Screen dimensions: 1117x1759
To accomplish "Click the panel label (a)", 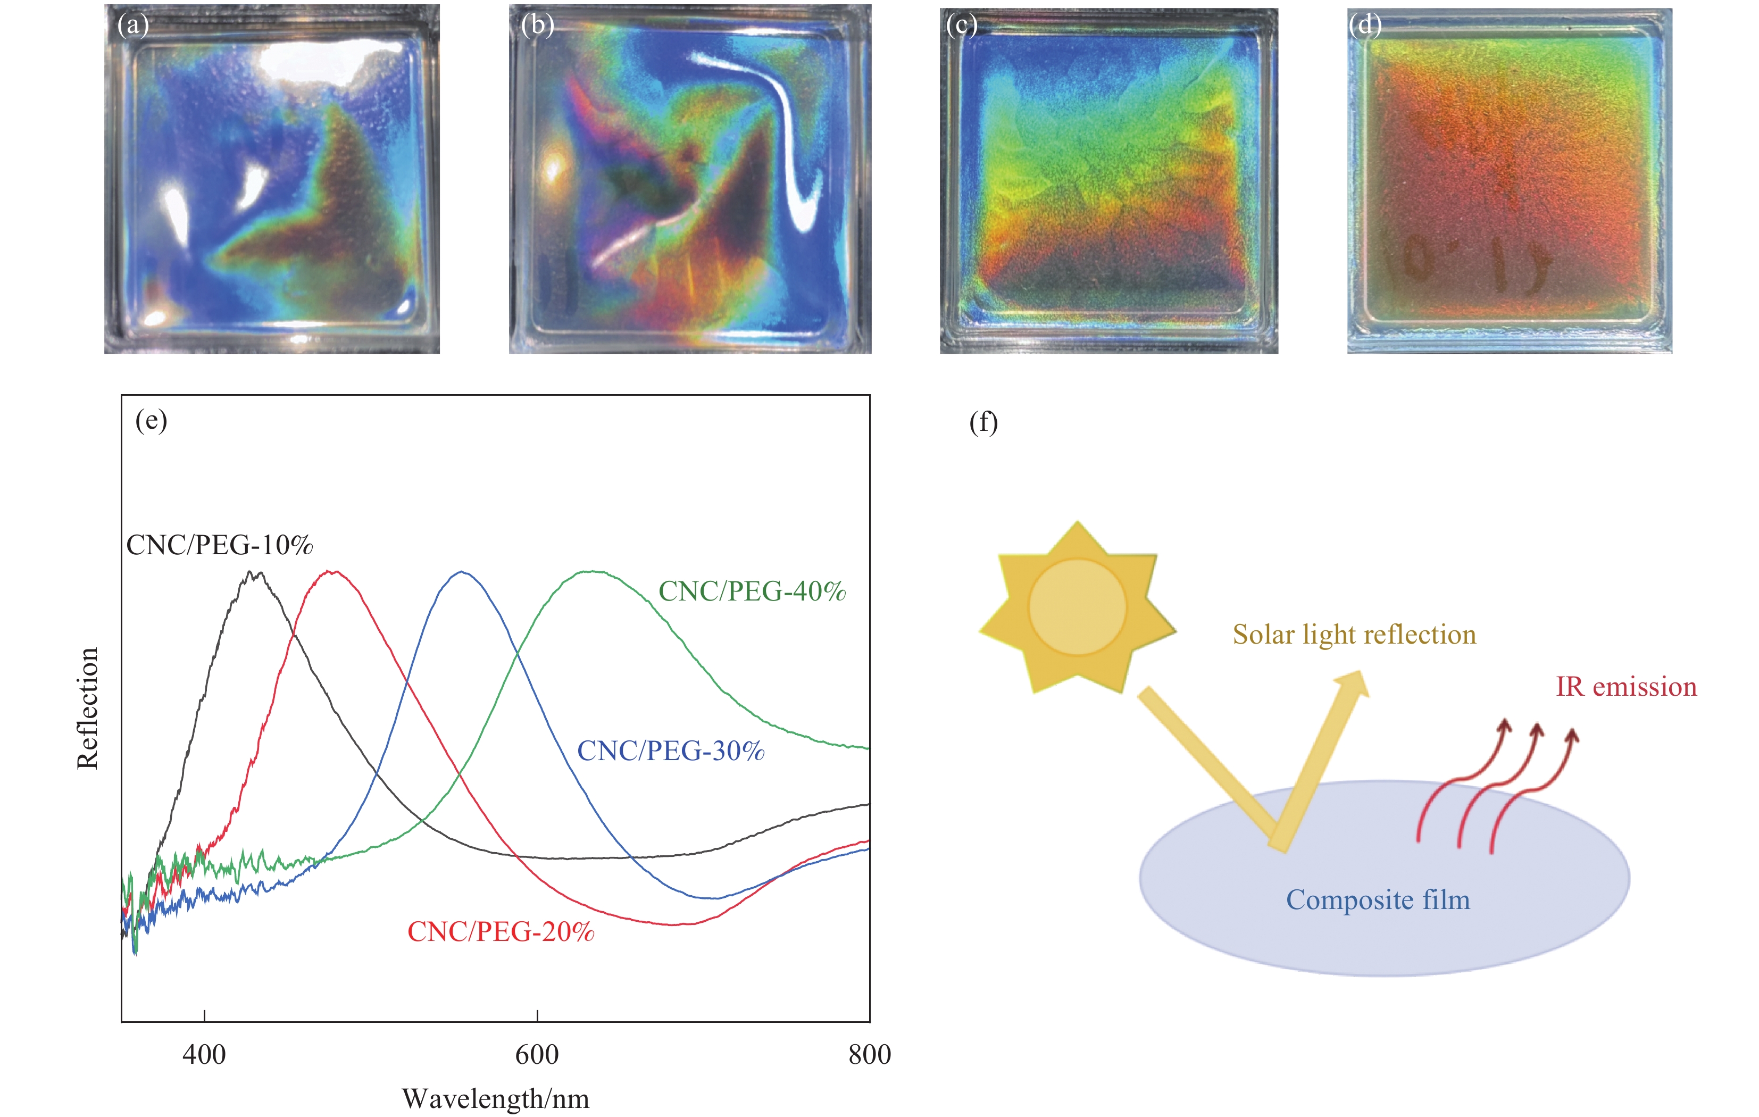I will point(133,26).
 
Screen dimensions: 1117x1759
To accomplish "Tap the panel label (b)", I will point(538,26).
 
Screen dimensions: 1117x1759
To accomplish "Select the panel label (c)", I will point(961,26).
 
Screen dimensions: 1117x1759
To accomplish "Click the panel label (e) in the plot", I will point(151,421).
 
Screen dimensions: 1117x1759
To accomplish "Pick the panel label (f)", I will point(983,422).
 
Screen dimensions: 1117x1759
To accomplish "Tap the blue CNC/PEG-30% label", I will point(671,751).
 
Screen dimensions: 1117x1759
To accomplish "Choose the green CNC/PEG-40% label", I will point(752,591).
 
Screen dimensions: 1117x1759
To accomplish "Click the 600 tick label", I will point(537,1055).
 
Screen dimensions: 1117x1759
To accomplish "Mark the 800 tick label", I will point(869,1055).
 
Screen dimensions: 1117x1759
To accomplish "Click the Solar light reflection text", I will point(1354,634).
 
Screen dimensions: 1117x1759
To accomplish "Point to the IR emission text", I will point(1626,687).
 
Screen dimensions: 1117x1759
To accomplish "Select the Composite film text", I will point(1378,900).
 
